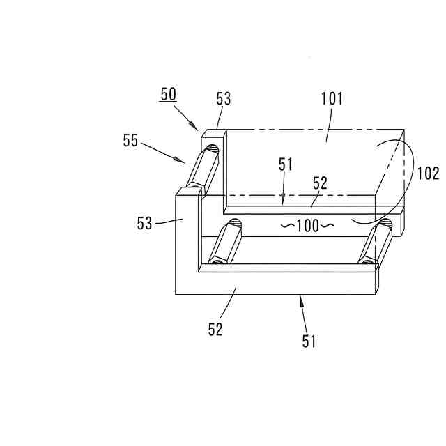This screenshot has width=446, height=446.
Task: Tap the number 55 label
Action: pyautogui.click(x=130, y=141)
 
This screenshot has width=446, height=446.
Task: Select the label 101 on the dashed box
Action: pyautogui.click(x=332, y=98)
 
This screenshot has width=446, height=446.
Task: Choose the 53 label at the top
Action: pyautogui.click(x=223, y=100)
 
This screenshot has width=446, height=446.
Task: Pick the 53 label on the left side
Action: pyautogui.click(x=144, y=223)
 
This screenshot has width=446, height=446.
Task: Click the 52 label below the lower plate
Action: pyautogui.click(x=215, y=330)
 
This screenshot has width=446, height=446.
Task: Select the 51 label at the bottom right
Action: pyautogui.click(x=309, y=341)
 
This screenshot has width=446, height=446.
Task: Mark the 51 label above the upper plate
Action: pyautogui.click(x=286, y=165)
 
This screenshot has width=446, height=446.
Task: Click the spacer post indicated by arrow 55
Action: pyautogui.click(x=203, y=167)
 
